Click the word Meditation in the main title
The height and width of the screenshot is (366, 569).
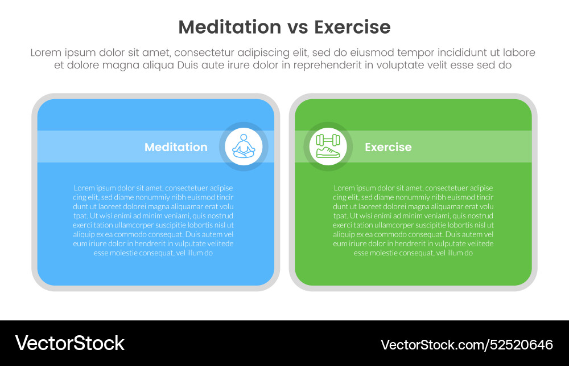pos(229,27)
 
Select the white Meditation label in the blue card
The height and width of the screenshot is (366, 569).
pos(176,147)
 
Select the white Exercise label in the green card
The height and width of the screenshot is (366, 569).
pos(388,147)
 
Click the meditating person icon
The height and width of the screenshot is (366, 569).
pos(244,147)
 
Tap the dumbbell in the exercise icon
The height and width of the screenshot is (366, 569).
pos(328,140)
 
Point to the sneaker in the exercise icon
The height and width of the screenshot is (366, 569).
pos(328,152)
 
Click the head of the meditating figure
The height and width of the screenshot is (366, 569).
pos(244,137)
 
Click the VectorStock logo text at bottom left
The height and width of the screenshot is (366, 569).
pos(69,343)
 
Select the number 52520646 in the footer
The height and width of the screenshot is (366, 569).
pos(522,344)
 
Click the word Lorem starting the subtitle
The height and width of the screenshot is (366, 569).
pos(46,52)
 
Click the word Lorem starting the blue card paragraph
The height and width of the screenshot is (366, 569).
pos(83,188)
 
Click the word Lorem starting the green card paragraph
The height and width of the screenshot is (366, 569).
pos(343,188)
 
